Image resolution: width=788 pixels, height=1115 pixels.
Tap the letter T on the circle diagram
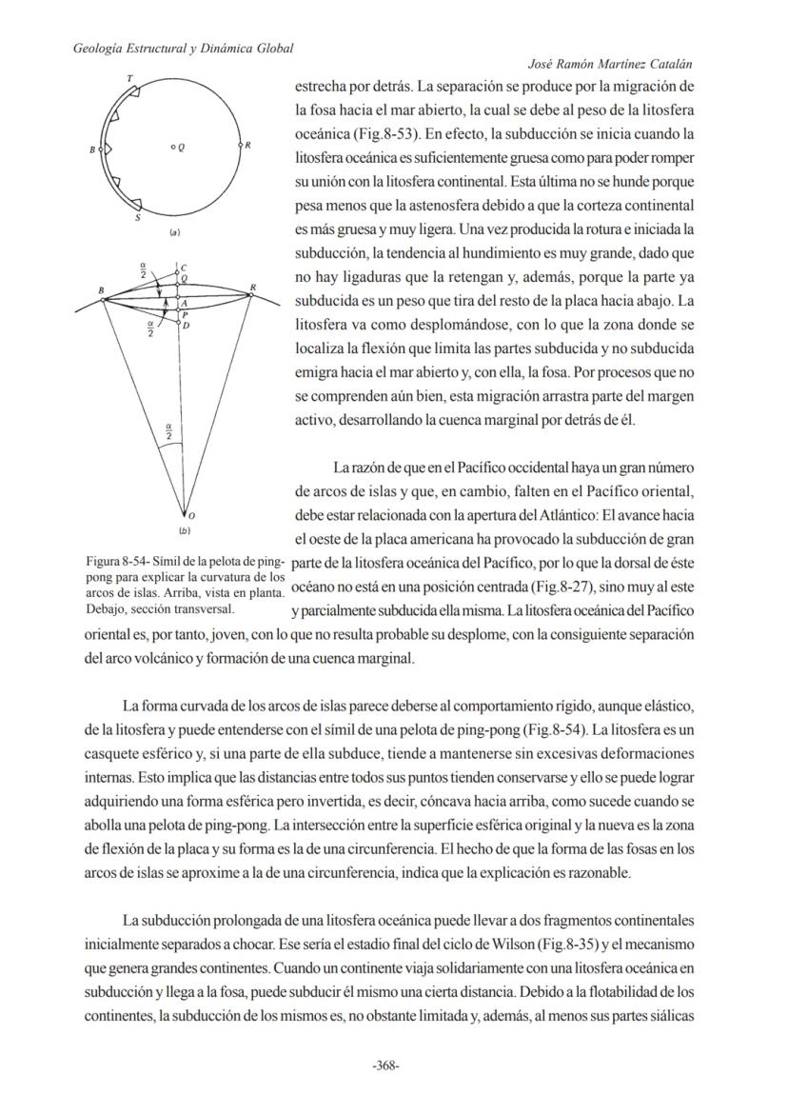(x=129, y=76)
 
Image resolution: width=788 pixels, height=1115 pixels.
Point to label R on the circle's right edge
(x=249, y=146)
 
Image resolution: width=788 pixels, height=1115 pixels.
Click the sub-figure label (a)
(x=176, y=232)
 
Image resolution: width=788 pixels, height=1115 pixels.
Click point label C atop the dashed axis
(x=184, y=268)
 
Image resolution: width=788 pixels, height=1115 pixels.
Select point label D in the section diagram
(x=186, y=326)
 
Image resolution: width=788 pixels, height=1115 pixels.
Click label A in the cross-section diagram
(x=184, y=302)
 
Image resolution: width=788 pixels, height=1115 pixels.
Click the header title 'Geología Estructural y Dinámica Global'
(x=183, y=48)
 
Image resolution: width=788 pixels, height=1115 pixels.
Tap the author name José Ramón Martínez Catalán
(x=609, y=64)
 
